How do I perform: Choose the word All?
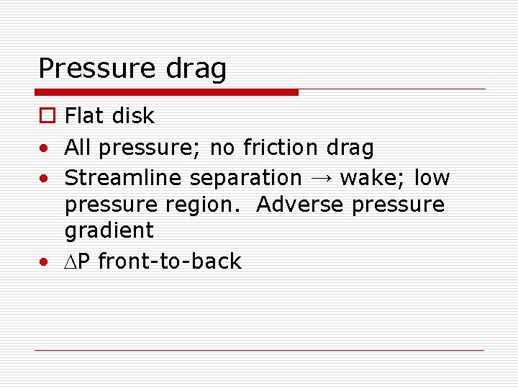[x=79, y=148]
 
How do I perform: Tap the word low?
[x=432, y=177]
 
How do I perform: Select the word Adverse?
[x=301, y=205]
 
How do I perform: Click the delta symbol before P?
[x=71, y=261]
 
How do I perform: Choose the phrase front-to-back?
[x=170, y=261]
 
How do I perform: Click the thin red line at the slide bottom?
[x=259, y=350]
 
